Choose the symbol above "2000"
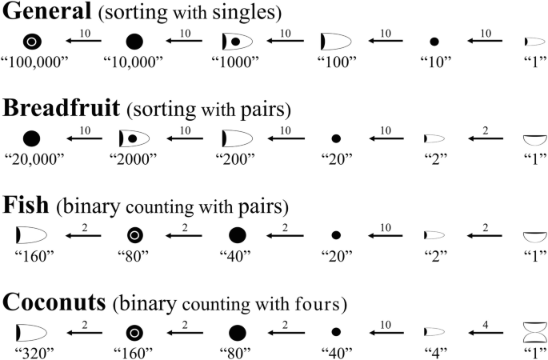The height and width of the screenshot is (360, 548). pos(134,138)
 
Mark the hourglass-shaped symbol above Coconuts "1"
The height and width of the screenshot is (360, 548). pos(533,330)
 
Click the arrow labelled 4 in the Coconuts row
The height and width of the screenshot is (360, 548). pos(482,330)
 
